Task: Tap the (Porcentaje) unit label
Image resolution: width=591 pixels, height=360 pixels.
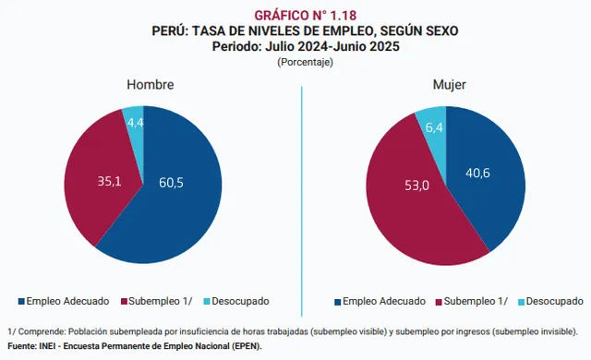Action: click(x=305, y=62)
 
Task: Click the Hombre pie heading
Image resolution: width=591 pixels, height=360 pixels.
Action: click(x=150, y=85)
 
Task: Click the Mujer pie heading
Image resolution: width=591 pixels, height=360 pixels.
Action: click(x=450, y=85)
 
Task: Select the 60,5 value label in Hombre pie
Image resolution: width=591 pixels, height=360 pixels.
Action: click(x=171, y=183)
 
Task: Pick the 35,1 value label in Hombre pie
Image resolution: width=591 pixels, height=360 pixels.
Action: click(x=110, y=182)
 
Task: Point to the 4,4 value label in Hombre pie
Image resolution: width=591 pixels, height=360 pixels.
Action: click(x=135, y=122)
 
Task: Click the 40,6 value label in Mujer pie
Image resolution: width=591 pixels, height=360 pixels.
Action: click(x=478, y=172)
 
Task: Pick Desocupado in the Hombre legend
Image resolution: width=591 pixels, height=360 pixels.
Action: click(x=243, y=301)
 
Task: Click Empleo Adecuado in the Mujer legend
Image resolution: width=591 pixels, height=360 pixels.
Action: click(x=384, y=301)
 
